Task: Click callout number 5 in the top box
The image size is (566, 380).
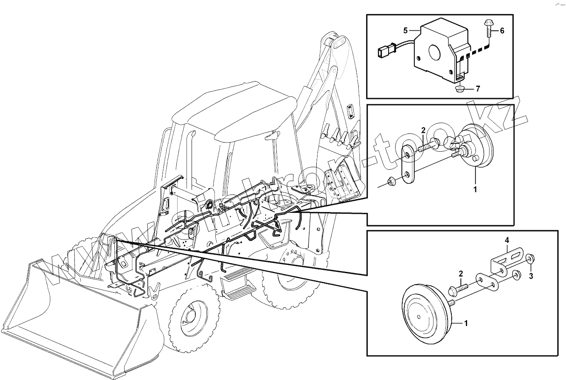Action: click(x=406, y=30)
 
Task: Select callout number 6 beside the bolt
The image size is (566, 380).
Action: click(x=502, y=31)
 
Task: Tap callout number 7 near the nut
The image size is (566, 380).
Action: click(x=478, y=89)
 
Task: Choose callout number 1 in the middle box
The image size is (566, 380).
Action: click(x=475, y=190)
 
